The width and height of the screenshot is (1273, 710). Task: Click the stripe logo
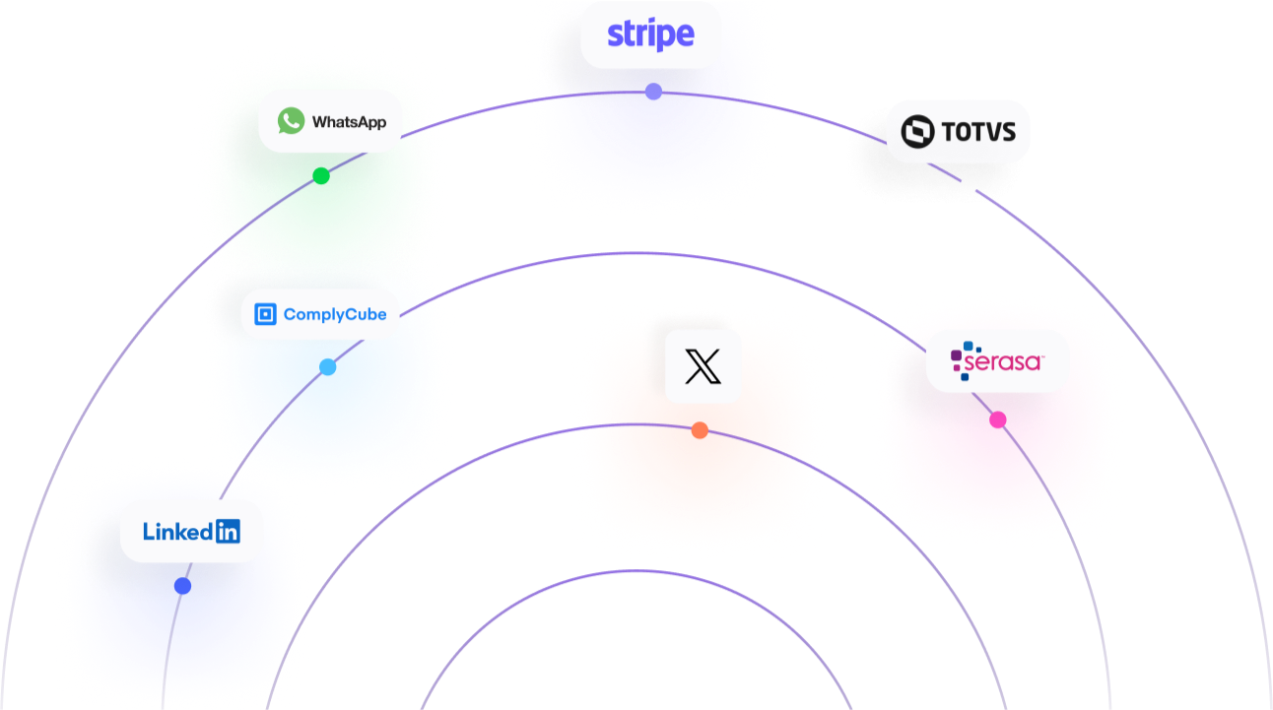650,34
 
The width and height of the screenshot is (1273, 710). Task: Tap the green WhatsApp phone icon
291,121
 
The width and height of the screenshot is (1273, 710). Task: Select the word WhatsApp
349,123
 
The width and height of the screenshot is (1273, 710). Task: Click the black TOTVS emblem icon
917,131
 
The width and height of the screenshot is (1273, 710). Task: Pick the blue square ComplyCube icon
264,314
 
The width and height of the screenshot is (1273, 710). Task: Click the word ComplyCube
334,315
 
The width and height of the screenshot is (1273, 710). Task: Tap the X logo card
703,366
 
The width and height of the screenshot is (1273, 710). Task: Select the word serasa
1003,363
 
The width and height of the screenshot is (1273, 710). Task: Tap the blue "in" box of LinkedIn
227,532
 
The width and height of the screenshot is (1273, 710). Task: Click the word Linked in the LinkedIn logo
177,532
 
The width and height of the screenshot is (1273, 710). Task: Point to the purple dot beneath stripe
652,92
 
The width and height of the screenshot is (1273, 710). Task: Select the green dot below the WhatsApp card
320,174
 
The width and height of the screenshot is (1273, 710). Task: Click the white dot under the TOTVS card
969,185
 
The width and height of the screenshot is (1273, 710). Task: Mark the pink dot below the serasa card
998,420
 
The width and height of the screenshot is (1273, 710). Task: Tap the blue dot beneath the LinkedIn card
182,585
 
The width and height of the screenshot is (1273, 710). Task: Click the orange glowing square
700,483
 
